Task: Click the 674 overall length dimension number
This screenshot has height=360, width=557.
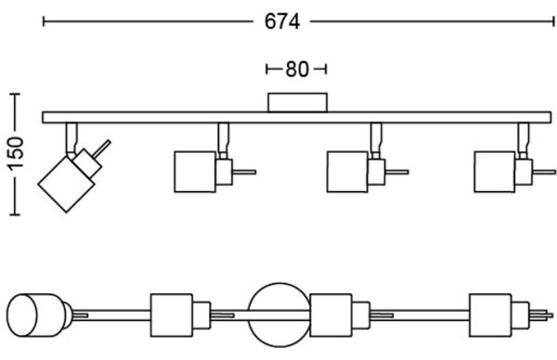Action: point(282,22)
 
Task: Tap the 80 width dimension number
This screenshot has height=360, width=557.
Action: point(297,70)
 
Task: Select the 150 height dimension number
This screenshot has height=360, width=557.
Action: point(17,153)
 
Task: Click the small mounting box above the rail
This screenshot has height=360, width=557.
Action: point(297,103)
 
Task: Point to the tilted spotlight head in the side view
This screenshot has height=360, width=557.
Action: point(67,184)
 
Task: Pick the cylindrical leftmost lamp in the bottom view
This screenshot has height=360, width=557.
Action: point(35,315)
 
